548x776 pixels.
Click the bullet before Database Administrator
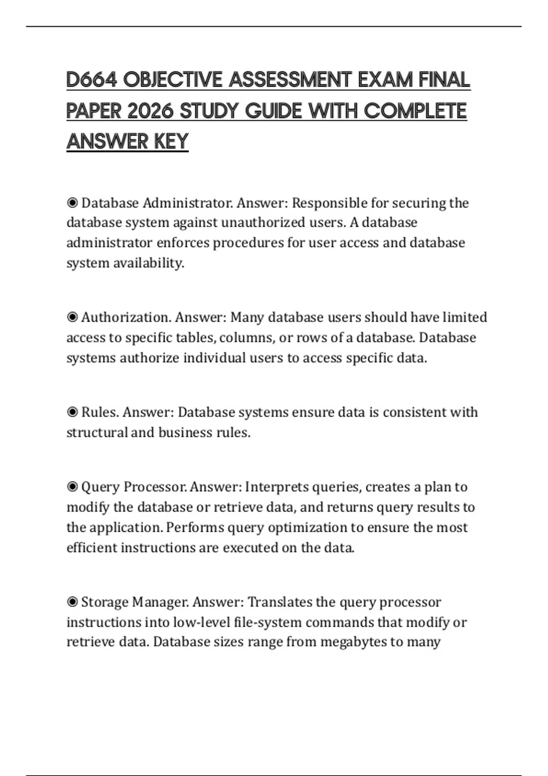[x=72, y=203]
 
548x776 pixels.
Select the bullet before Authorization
[x=72, y=317]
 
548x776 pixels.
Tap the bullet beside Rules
[x=72, y=412]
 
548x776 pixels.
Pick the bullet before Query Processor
[x=72, y=487]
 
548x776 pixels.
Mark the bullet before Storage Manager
[x=72, y=602]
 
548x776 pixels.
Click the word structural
[x=97, y=432]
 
